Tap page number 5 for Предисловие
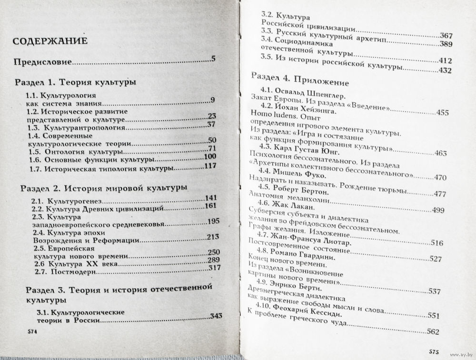[x=214, y=60]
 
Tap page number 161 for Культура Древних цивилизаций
[x=210, y=207]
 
